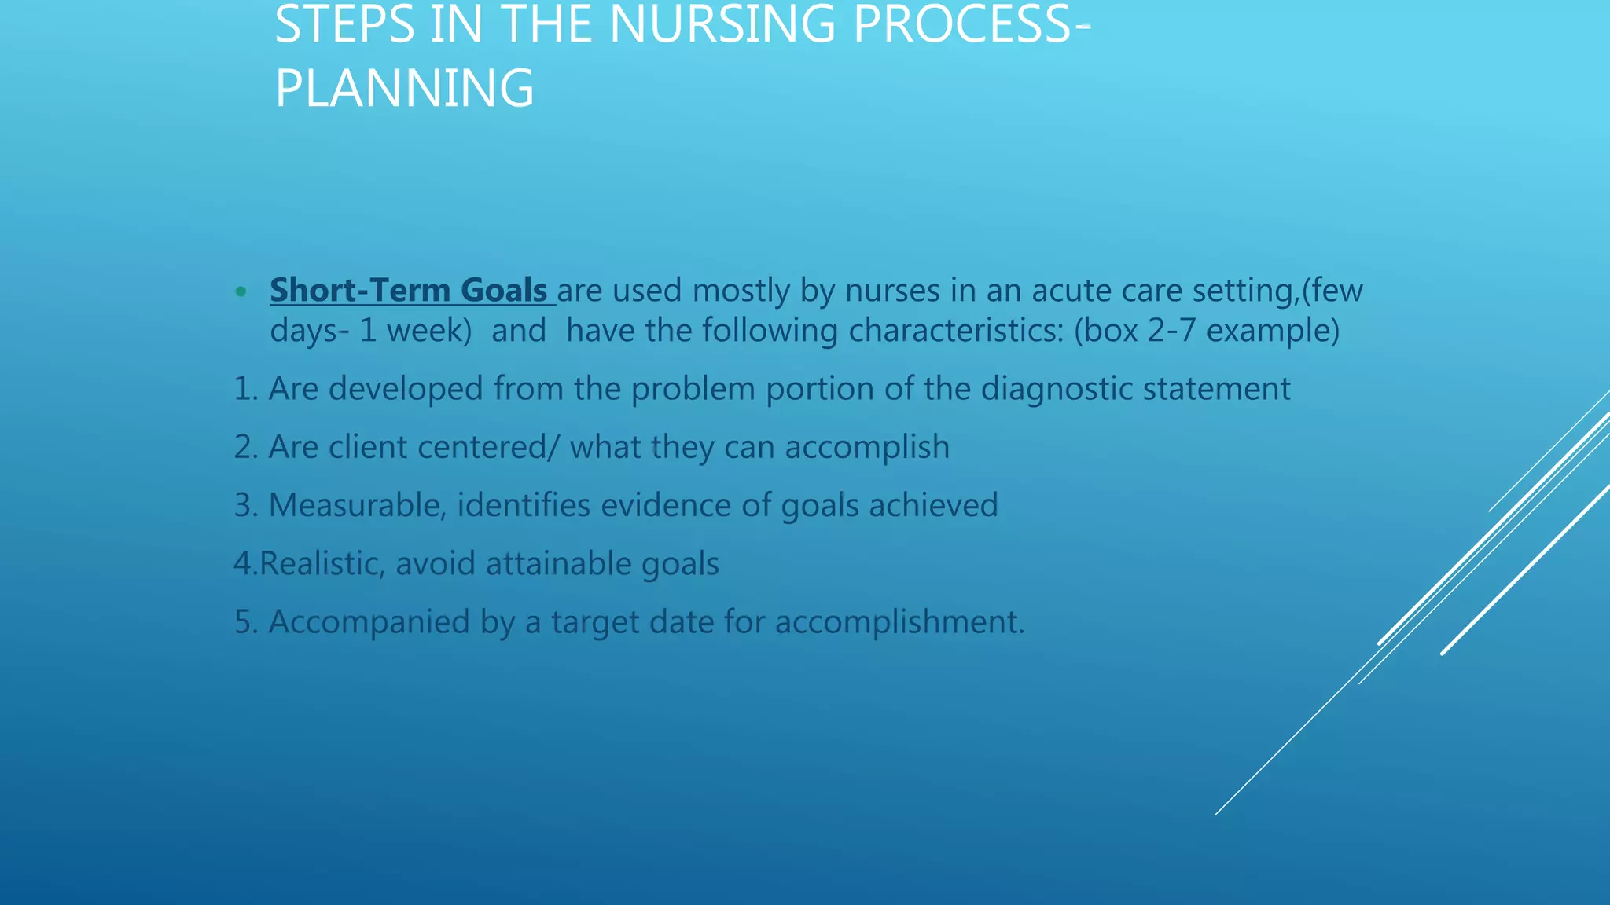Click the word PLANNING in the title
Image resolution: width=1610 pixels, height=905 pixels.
tap(404, 88)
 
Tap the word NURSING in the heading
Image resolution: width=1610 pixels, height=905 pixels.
tap(722, 25)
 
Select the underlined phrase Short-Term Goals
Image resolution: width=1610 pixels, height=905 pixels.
tap(409, 291)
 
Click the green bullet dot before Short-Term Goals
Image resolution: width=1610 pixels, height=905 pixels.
tap(241, 292)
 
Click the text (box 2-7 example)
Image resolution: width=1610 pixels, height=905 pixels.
tap(1206, 331)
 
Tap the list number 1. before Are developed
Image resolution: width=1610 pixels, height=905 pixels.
tap(245, 389)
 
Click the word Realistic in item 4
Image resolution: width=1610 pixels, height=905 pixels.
tap(322, 564)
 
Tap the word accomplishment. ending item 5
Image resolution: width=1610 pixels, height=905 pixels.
tap(899, 622)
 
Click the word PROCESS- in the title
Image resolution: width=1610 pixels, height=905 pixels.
tap(972, 25)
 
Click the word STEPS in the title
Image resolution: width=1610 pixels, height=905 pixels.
tap(344, 25)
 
